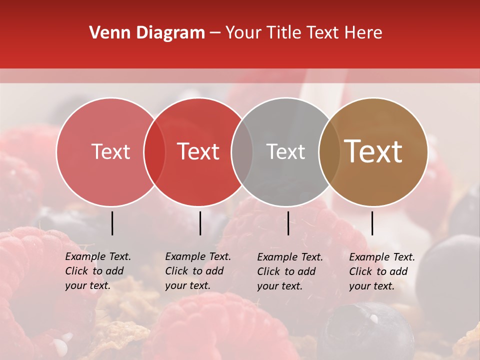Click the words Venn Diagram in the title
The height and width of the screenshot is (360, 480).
[x=147, y=33]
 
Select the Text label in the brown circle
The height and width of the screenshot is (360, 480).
[x=373, y=151]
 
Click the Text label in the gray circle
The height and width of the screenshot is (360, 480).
[x=285, y=152]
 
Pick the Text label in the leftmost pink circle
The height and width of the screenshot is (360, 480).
[x=110, y=152]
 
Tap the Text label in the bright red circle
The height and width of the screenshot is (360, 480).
[x=198, y=152]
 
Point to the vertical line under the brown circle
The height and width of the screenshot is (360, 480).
[x=372, y=223]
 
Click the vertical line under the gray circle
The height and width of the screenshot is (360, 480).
[x=288, y=223]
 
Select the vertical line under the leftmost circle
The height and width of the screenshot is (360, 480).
[x=112, y=223]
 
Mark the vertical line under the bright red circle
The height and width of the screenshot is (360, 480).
[x=200, y=223]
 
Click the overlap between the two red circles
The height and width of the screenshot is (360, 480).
[x=154, y=152]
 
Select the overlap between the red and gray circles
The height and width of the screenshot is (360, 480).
[x=242, y=152]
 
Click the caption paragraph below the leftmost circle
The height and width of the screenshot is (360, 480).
[x=97, y=271]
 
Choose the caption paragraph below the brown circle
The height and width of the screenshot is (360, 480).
[x=381, y=271]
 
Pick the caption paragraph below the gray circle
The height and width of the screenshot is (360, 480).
[x=289, y=271]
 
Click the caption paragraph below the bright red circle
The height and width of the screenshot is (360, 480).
[x=197, y=271]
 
